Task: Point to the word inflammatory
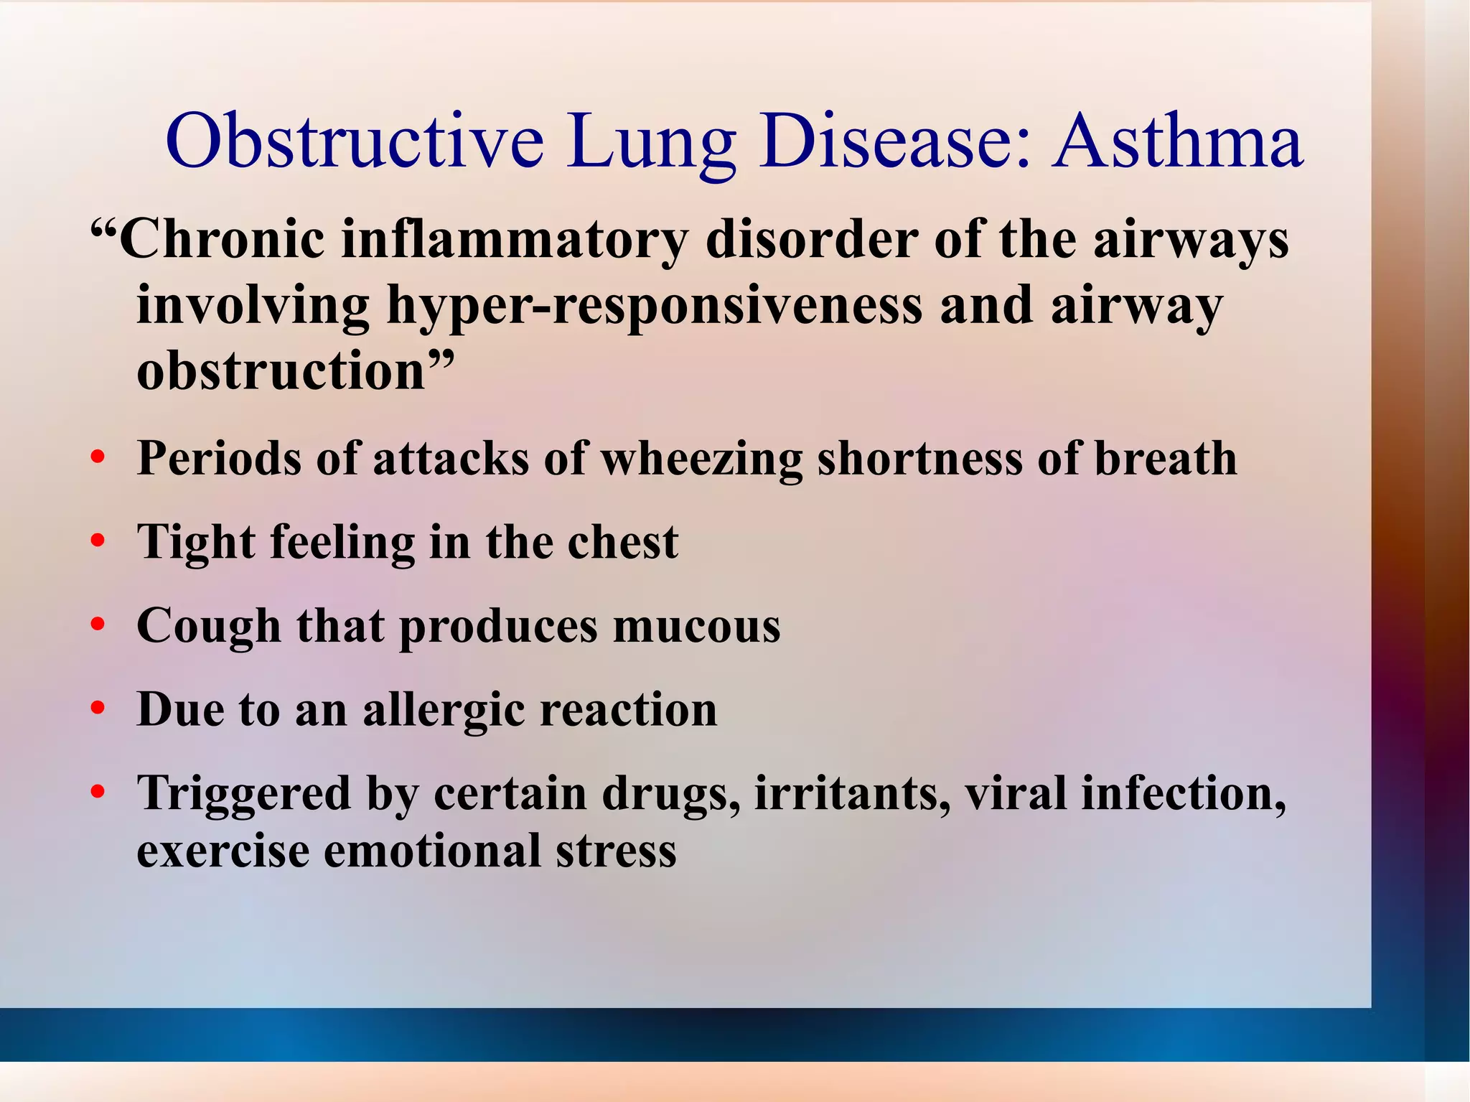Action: point(514,241)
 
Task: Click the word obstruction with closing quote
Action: point(295,371)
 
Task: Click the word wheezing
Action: point(701,459)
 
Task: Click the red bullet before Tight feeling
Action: point(98,541)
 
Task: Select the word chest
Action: point(622,542)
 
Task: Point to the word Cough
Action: point(208,627)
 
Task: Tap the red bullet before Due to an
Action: point(98,709)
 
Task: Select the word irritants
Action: point(852,794)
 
